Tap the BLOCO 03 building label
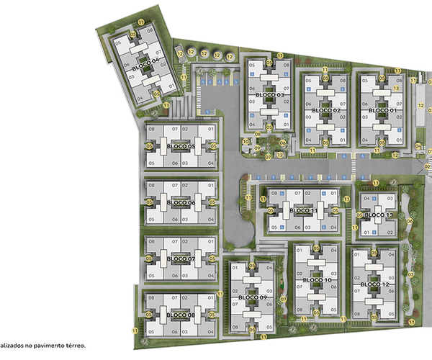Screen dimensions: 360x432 pos(269,95)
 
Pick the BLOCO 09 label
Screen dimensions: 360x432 pos(253,298)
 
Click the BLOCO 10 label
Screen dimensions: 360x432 pos(317,279)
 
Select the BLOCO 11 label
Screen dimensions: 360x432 pos(305,210)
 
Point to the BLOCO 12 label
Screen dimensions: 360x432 pos(374,284)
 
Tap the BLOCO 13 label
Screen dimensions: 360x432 pos(379,215)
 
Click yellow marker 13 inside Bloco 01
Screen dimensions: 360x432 pos(396,88)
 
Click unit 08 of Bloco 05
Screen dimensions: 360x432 pos(152,129)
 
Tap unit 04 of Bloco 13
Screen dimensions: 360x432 pos(366,198)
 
